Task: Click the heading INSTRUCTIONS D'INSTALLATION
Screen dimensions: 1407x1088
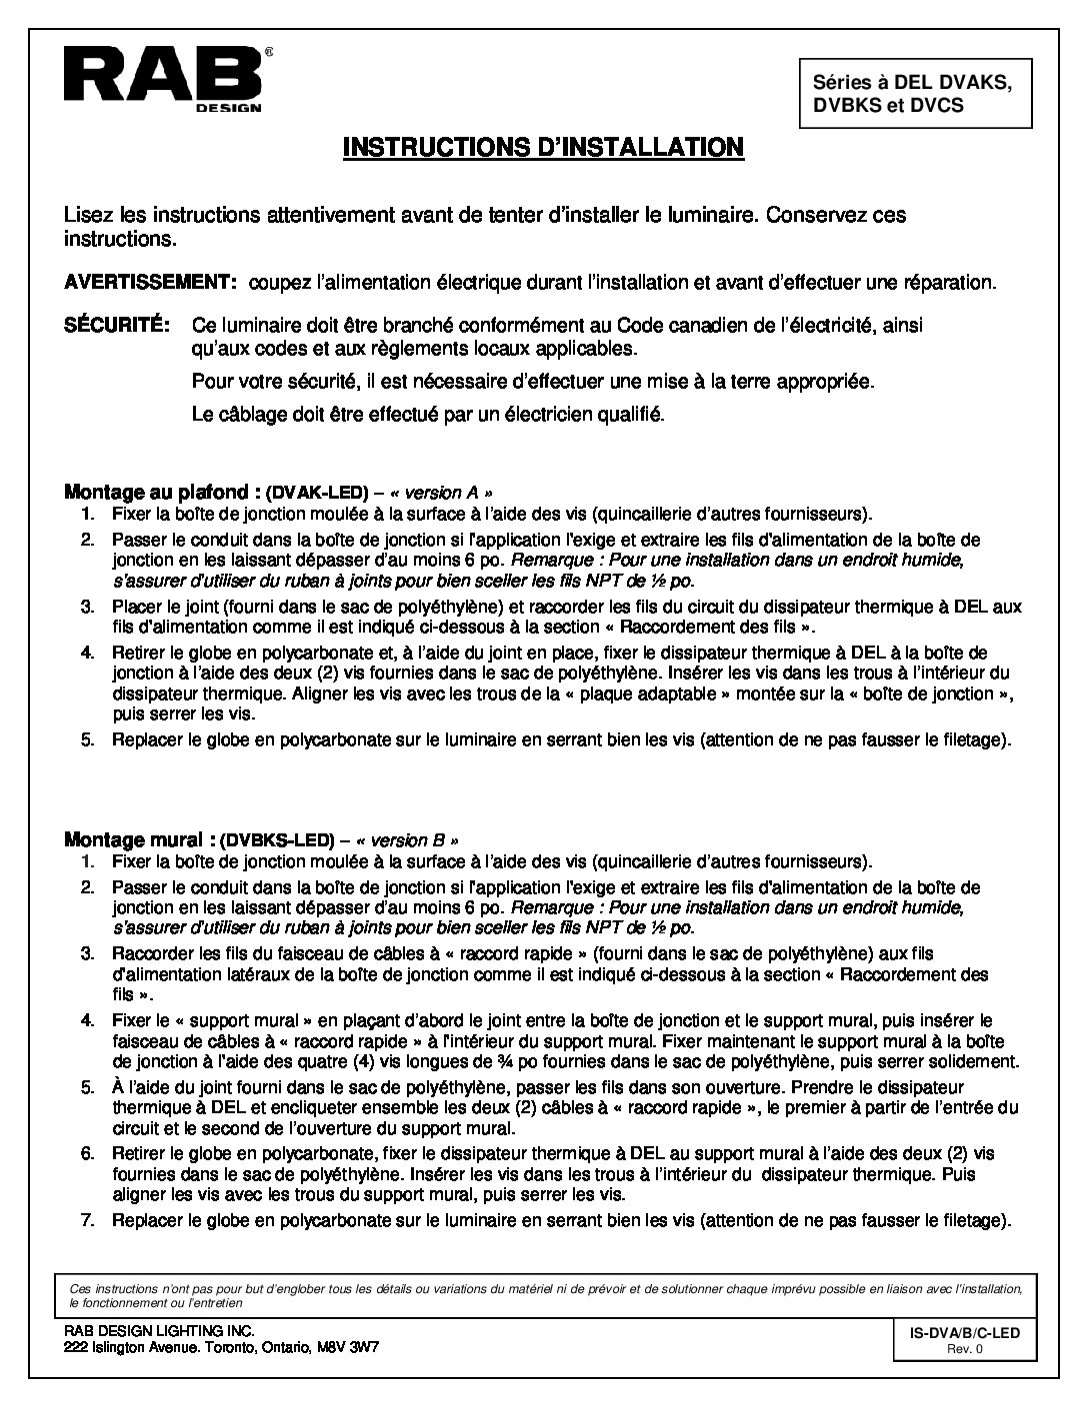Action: [x=543, y=147]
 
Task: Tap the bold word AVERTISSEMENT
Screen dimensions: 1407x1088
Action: [x=150, y=283]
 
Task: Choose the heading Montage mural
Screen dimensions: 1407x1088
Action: [x=140, y=838]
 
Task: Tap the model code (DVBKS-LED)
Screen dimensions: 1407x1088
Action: [x=277, y=839]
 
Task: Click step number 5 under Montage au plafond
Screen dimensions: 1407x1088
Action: [x=88, y=740]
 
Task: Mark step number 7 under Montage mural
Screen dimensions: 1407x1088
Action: [x=88, y=1220]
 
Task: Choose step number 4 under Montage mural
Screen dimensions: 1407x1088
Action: [x=88, y=1020]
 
